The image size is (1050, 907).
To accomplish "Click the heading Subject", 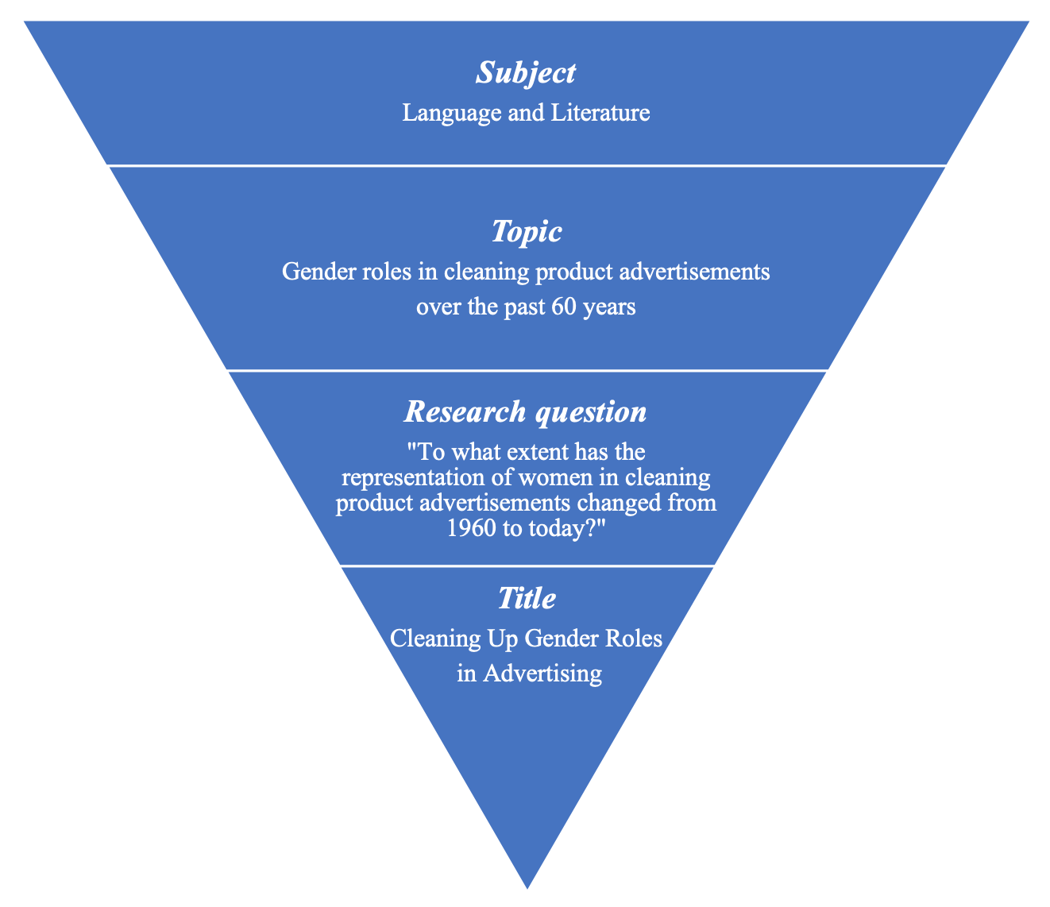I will coord(526,73).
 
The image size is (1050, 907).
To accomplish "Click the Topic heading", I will coord(526,231).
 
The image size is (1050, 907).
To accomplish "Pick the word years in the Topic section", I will coord(609,307).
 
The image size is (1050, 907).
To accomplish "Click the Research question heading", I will coord(525,411).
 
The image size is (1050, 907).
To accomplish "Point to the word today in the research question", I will coord(565,529).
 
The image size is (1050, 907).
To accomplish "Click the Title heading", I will coord(526,598).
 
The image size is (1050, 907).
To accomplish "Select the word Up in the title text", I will coord(484,638).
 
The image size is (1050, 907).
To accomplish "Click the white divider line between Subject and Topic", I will coord(526,165).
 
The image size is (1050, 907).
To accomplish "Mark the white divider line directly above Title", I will coord(526,565).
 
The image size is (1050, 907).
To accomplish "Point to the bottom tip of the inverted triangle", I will coord(527,885).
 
